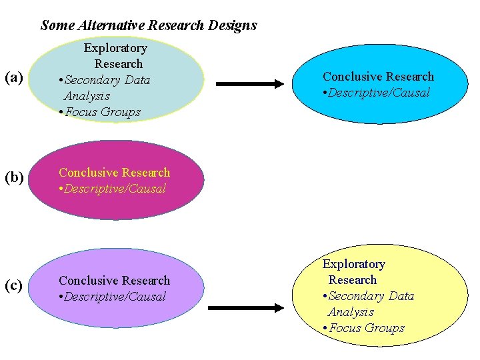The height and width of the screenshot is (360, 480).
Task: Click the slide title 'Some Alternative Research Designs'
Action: (148, 26)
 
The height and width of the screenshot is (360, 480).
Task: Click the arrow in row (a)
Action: (250, 84)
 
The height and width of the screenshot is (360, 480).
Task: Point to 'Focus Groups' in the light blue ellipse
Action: (103, 112)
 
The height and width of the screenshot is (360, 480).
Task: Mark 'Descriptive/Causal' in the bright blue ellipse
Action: (380, 93)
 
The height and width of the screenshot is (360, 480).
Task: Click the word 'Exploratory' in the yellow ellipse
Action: (354, 264)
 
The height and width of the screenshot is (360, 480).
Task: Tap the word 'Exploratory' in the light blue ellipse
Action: (115, 48)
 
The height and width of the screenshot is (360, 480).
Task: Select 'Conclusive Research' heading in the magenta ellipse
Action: (114, 173)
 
